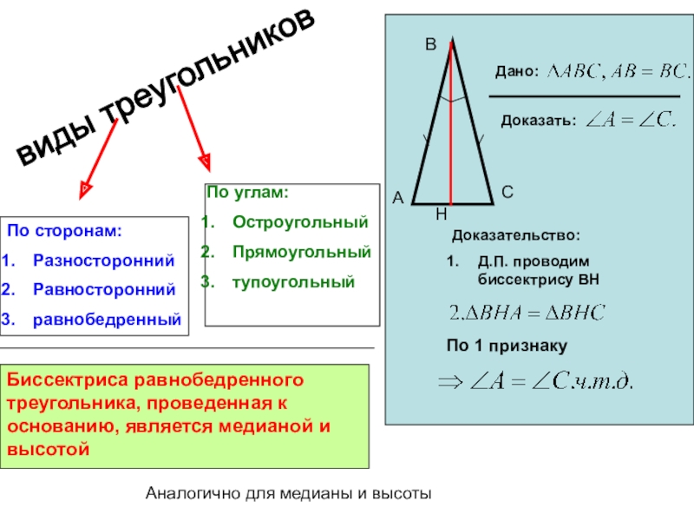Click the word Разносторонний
pos(103,260)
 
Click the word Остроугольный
pos(300,222)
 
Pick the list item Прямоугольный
pos(301,252)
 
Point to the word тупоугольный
pos(293,281)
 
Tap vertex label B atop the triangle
pos(429,41)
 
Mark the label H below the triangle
pos(441,213)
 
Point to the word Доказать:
pos(538,121)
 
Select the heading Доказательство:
pos(515,235)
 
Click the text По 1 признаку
pos(507,346)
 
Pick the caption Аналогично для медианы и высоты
pos(289,494)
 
